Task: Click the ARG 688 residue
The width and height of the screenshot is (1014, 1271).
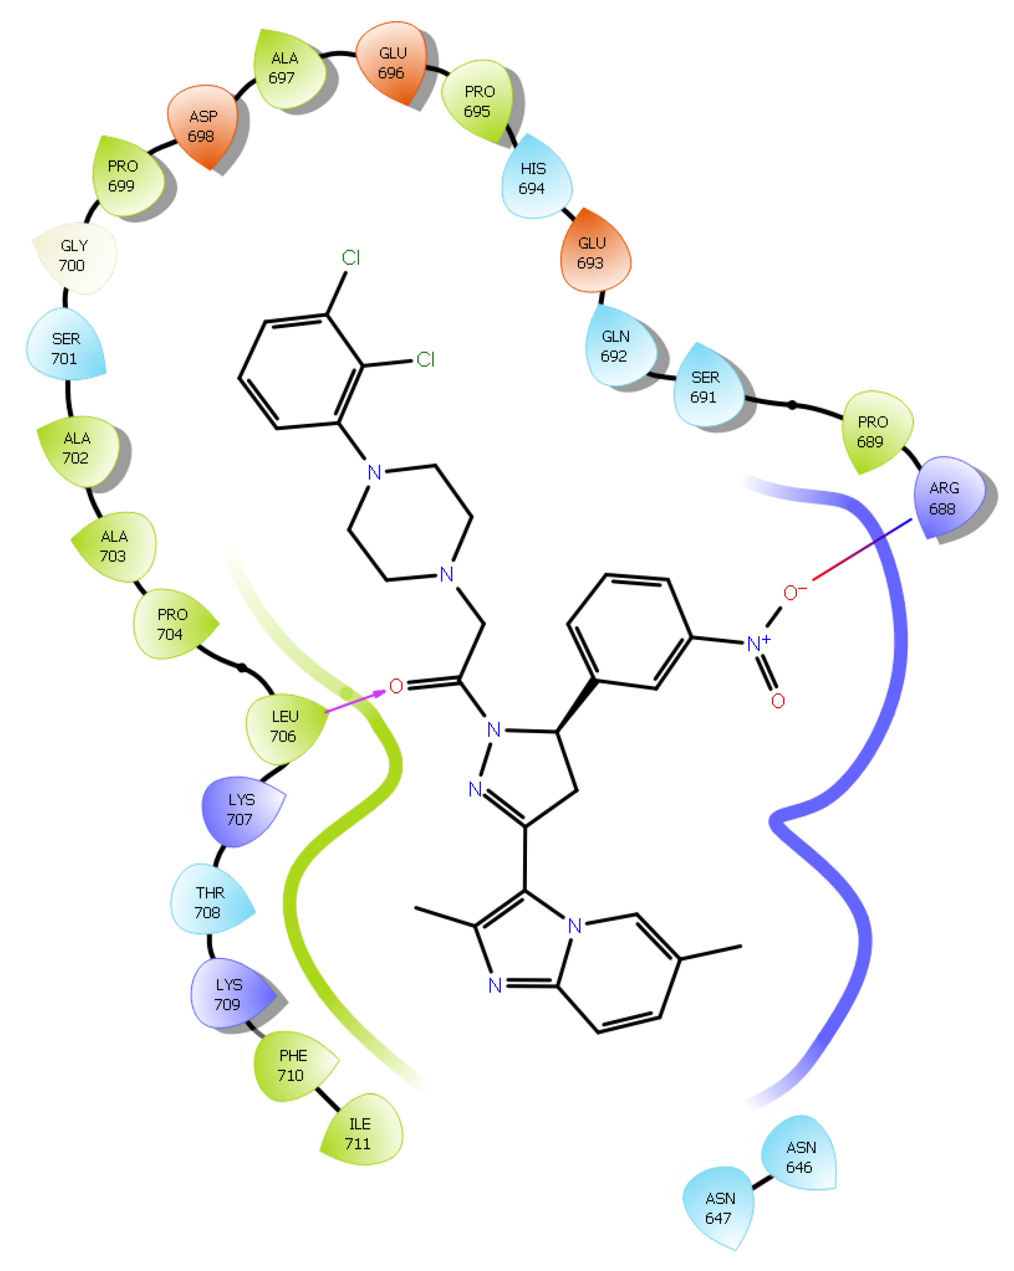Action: click(945, 498)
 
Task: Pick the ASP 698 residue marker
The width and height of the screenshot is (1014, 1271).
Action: click(202, 126)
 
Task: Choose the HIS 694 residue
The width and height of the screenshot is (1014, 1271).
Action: click(533, 178)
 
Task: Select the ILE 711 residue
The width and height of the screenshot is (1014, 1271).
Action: click(359, 1133)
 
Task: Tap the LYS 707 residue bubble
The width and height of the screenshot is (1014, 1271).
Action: click(241, 810)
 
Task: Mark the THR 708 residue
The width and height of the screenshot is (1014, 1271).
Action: click(209, 903)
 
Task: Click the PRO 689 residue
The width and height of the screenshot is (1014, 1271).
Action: click(872, 432)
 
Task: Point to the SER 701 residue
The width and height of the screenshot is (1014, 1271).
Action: click(65, 349)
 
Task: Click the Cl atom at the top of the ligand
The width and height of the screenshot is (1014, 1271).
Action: click(351, 258)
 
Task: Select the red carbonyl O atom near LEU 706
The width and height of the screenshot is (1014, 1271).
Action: click(396, 685)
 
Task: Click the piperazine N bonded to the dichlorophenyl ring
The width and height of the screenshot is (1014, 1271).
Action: click(374, 472)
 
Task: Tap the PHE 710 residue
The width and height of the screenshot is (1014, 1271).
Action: click(292, 1065)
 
